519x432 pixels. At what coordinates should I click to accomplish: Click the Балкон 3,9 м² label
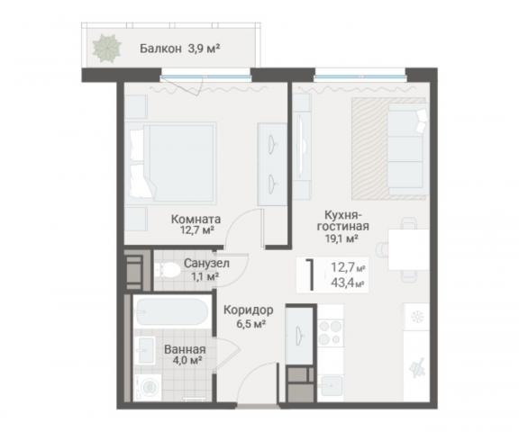[x=180, y=49]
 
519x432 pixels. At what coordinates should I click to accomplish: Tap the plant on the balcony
[x=106, y=49]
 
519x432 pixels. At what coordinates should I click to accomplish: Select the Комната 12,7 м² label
[x=196, y=224]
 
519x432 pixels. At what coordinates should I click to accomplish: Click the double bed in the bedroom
[x=172, y=163]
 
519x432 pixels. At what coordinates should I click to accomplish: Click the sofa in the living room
[x=408, y=148]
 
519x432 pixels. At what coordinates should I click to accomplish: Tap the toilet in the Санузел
[x=168, y=269]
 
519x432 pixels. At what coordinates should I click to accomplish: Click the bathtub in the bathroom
[x=172, y=312]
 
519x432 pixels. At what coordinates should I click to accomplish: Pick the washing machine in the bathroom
[x=148, y=387]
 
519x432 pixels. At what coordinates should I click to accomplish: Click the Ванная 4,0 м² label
[x=185, y=355]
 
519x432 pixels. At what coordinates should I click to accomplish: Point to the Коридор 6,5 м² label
[x=249, y=317]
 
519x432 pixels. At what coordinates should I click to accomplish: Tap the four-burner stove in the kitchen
[x=331, y=332]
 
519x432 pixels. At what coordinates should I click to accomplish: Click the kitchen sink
[x=331, y=385]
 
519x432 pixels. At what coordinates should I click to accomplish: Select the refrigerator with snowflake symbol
[x=416, y=318]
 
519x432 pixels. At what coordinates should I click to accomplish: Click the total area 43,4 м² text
[x=348, y=283]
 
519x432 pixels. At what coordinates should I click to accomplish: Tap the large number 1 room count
[x=310, y=275]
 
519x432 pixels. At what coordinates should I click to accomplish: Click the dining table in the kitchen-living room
[x=409, y=249]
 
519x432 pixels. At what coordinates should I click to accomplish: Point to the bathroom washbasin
[x=146, y=350]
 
